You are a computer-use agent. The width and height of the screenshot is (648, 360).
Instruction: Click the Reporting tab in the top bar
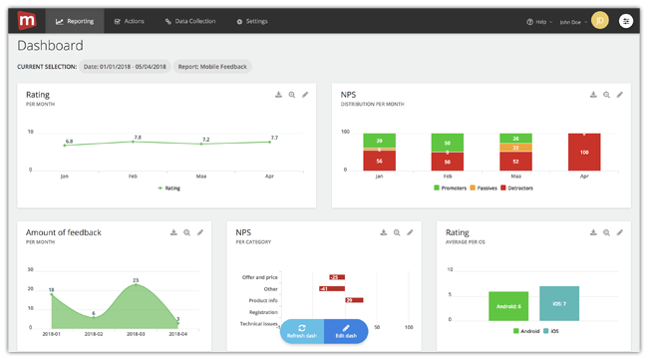click(76, 20)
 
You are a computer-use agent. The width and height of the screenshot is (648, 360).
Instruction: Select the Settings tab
click(252, 20)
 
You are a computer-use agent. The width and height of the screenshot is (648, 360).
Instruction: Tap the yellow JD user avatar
click(599, 20)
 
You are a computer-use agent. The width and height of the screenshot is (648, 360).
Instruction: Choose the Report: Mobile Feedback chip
click(212, 67)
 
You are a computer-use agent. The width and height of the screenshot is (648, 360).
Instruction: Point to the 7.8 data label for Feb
click(138, 137)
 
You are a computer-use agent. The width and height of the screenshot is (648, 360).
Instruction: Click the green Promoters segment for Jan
click(379, 141)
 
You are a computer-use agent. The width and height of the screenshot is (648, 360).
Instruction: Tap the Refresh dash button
click(302, 331)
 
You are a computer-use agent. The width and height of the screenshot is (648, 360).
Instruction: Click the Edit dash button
click(346, 331)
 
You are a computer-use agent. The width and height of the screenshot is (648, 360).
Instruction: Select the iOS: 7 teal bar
click(558, 303)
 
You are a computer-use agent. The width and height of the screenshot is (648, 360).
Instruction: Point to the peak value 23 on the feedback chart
click(136, 280)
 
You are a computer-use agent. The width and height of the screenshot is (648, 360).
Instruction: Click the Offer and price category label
click(259, 277)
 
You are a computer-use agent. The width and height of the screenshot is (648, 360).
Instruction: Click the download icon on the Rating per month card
click(279, 95)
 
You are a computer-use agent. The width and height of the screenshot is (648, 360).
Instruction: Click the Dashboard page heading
click(50, 46)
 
